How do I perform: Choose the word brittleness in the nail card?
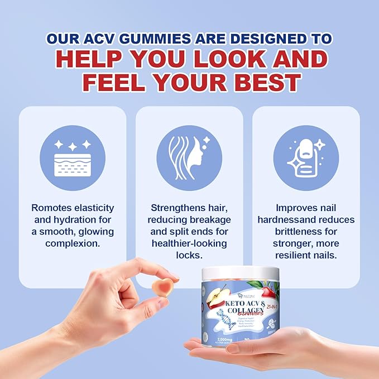pyautogui.click(x=292, y=232)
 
